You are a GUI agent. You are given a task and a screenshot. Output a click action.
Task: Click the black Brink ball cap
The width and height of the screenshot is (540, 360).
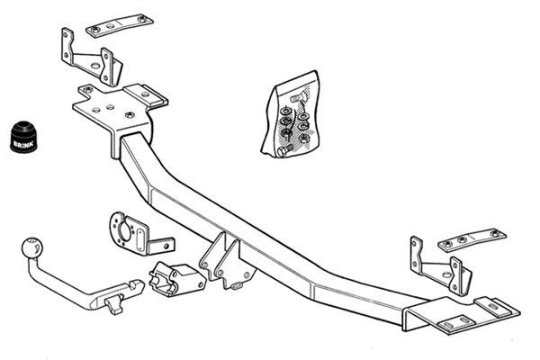pyautogui.click(x=23, y=137)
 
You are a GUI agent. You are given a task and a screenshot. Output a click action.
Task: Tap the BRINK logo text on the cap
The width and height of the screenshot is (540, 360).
pyautogui.click(x=23, y=143)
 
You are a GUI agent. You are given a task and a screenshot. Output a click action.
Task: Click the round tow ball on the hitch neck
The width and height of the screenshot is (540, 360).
pyautogui.click(x=32, y=247)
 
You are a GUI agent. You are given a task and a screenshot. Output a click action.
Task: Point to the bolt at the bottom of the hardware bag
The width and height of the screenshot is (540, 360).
pyautogui.click(x=284, y=150)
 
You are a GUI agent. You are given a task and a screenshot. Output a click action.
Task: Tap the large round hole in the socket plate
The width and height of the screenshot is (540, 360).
pyautogui.click(x=123, y=230)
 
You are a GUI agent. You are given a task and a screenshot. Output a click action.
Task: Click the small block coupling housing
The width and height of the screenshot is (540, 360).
pyautogui.click(x=177, y=278)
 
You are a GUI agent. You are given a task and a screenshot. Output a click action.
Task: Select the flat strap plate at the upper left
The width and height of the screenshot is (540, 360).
pyautogui.click(x=120, y=25)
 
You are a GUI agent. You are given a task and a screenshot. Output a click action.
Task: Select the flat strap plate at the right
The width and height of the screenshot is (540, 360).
pyautogui.click(x=472, y=240)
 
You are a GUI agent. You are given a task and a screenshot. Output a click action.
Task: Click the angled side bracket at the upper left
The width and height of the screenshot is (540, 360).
pyautogui.click(x=92, y=58)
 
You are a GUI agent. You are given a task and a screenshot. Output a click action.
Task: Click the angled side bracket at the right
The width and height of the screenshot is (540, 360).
pyautogui.click(x=441, y=265)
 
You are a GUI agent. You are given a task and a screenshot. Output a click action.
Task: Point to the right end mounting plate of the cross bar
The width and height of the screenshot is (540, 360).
pyautogui.click(x=462, y=314)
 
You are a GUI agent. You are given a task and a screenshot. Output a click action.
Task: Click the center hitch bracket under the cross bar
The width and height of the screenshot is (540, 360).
pyautogui.click(x=228, y=260)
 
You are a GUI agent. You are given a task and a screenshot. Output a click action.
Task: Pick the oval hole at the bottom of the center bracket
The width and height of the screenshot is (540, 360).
pyautogui.click(x=238, y=285)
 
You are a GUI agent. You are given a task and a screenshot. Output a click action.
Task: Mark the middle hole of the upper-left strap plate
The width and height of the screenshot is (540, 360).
pyautogui.click(x=111, y=26)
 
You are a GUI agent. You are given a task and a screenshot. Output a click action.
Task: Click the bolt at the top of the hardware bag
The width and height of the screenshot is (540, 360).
pyautogui.click(x=298, y=98)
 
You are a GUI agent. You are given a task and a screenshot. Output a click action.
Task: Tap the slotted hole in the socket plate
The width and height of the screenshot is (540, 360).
pyautogui.click(x=139, y=239)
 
